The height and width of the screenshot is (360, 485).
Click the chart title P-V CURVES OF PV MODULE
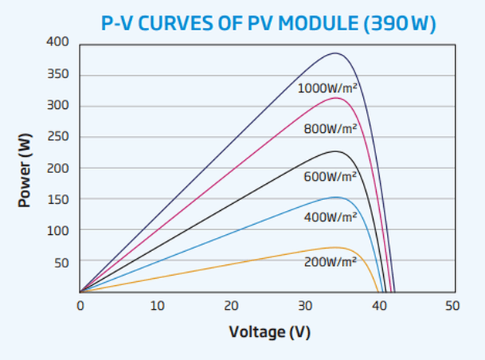tap(270, 23)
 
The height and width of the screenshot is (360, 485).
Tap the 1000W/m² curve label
tap(327, 88)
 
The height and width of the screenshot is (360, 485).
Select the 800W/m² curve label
tap(331, 129)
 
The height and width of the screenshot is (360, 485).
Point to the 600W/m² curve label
tap(331, 176)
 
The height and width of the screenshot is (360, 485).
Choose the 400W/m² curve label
tap(331, 217)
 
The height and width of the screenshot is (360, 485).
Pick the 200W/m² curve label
tap(331, 261)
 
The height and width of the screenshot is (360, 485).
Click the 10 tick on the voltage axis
tap(158, 306)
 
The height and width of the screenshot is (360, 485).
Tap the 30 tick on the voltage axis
tap(307, 306)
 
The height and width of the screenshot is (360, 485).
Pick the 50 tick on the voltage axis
tap(452, 306)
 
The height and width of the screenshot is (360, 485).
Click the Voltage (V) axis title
tap(270, 332)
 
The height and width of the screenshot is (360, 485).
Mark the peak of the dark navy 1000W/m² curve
tap(335, 53)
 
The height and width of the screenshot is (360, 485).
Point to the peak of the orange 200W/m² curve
tap(335, 247)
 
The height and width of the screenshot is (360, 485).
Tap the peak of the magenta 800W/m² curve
tap(335, 98)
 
